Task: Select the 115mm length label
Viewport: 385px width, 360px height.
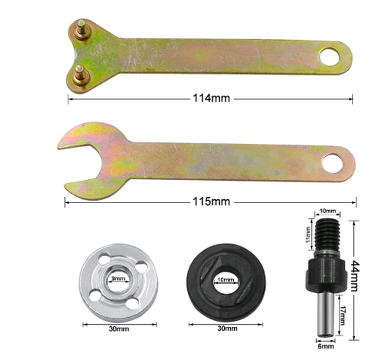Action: pos(210,202)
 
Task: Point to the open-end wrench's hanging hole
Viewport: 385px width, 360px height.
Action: pos(333,162)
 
